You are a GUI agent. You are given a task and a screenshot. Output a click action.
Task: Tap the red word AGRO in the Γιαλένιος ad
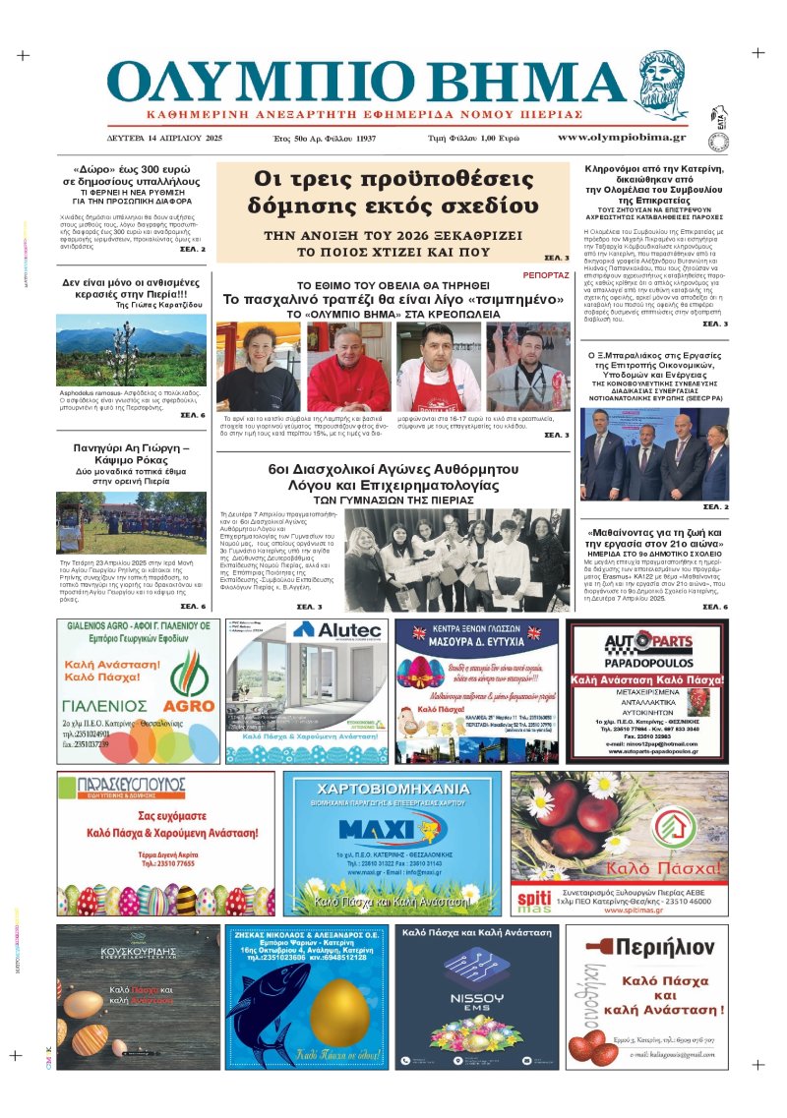point(189,705)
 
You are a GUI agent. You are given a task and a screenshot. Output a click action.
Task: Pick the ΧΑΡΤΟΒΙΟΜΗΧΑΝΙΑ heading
point(393,789)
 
